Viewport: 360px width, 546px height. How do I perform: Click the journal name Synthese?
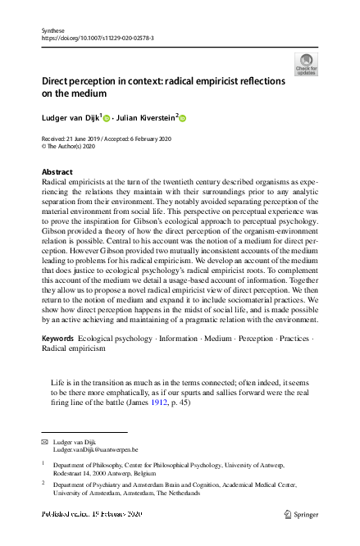[52, 30]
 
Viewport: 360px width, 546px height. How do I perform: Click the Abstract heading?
[57, 172]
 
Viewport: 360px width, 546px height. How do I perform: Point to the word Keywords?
[59, 339]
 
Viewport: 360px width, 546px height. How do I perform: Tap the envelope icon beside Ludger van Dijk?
[45, 442]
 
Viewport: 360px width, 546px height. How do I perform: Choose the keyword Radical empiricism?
[74, 348]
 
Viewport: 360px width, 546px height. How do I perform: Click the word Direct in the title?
[60, 82]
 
